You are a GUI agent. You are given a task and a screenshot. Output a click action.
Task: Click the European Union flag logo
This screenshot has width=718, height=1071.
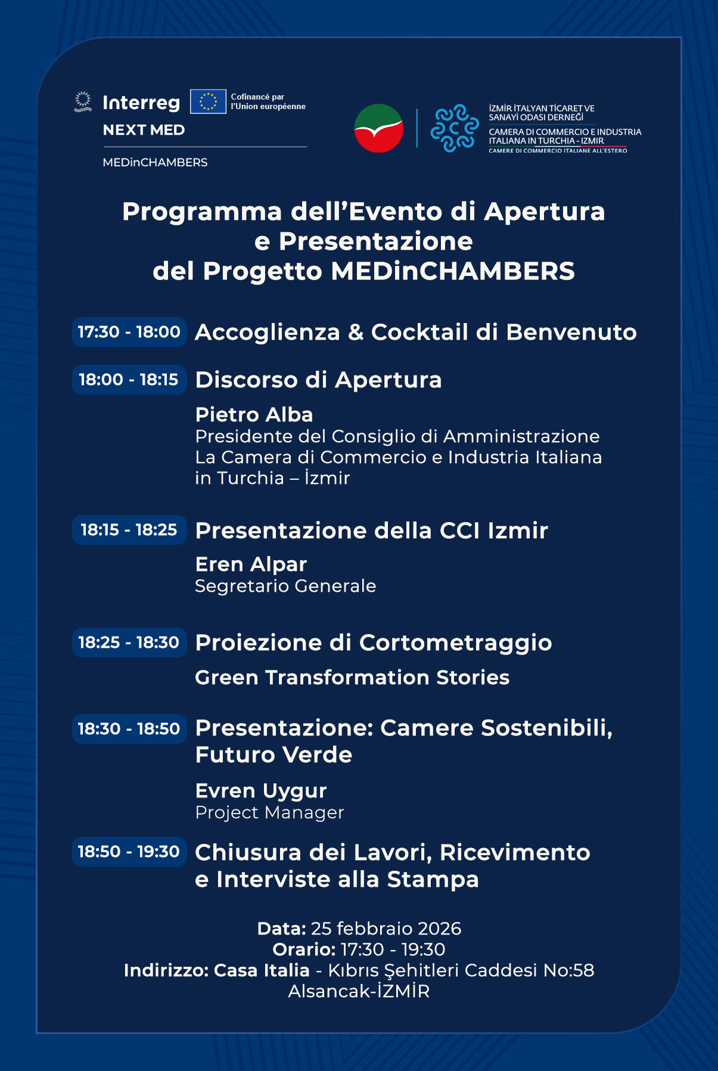[208, 101]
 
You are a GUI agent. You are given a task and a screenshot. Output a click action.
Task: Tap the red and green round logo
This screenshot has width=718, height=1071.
[379, 128]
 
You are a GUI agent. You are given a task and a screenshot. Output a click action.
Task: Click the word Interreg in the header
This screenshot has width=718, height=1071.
[141, 103]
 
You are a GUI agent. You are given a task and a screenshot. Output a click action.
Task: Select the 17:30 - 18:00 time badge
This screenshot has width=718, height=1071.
[129, 332]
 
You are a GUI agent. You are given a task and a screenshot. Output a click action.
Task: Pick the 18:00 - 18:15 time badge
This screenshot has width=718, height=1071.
[129, 380]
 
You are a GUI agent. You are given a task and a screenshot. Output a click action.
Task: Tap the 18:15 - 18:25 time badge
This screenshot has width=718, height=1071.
[129, 530]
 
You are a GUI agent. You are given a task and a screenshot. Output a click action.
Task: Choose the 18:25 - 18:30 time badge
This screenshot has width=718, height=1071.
[129, 642]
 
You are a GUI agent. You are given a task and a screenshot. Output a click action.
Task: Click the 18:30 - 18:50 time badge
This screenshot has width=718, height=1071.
[129, 729]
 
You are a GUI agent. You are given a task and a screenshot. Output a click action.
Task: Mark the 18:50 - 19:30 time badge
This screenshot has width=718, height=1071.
[129, 852]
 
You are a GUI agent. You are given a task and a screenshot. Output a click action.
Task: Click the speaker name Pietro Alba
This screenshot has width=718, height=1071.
[254, 415]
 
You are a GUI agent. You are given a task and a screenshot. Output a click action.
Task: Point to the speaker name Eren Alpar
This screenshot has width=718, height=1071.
[251, 564]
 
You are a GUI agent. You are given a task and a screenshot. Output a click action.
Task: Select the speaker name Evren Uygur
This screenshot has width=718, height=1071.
[261, 791]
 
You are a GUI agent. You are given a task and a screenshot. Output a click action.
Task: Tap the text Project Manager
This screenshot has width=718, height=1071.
[269, 813]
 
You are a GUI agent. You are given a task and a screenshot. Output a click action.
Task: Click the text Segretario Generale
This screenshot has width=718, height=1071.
[285, 586]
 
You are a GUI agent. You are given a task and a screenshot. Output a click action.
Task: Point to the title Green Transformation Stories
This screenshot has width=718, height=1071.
[352, 678]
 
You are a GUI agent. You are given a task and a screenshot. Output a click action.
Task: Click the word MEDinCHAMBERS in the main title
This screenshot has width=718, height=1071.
[453, 271]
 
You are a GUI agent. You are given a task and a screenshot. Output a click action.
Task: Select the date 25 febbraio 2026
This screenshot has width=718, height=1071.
[386, 929]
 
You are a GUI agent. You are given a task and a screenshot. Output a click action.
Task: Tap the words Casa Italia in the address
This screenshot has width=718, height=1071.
[262, 970]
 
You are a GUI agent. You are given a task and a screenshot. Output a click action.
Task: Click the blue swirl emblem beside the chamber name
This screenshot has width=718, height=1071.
[455, 128]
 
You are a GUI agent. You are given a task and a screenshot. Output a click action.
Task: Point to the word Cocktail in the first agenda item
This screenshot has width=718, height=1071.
[419, 333]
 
